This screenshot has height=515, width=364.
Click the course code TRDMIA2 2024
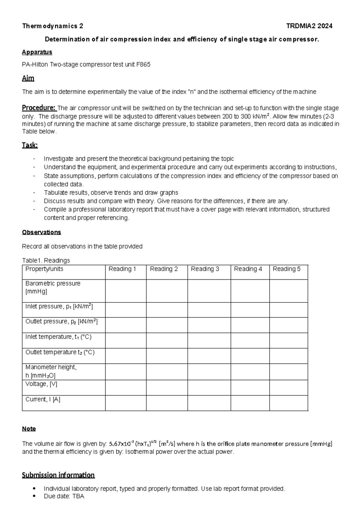(x=309, y=26)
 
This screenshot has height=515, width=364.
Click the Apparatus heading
(x=37, y=52)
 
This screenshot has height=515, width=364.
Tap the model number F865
(x=143, y=65)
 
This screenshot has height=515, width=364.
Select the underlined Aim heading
(x=28, y=78)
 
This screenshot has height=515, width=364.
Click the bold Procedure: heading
(x=39, y=108)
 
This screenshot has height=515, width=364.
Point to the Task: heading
(x=30, y=145)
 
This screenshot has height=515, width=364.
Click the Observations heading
(x=42, y=232)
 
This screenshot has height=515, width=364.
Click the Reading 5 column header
(x=286, y=269)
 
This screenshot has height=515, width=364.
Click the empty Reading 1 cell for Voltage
(x=126, y=387)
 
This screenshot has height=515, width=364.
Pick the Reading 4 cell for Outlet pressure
(x=250, y=325)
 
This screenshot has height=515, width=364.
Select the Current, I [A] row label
(x=43, y=400)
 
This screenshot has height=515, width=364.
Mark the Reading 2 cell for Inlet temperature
(x=167, y=340)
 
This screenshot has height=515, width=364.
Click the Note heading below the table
(x=29, y=429)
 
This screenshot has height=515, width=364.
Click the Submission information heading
(x=58, y=475)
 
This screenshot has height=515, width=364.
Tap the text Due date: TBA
(x=64, y=496)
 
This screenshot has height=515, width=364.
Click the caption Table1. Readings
(x=46, y=261)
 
